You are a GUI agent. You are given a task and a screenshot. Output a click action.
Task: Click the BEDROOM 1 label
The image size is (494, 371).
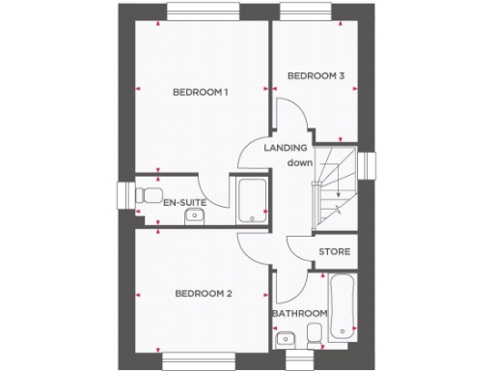[x=200, y=93]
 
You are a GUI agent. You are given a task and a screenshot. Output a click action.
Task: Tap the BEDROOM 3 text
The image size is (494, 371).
[x=316, y=75]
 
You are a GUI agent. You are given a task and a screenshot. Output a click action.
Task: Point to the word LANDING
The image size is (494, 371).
[x=287, y=148]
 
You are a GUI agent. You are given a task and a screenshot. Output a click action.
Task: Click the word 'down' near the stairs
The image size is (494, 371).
[x=298, y=163]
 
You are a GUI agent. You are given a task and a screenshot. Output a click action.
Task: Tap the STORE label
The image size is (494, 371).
[x=334, y=252]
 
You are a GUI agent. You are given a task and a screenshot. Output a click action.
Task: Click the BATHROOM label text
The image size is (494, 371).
[x=299, y=314]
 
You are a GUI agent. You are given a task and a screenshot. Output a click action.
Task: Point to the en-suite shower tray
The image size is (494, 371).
[x=252, y=201]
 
